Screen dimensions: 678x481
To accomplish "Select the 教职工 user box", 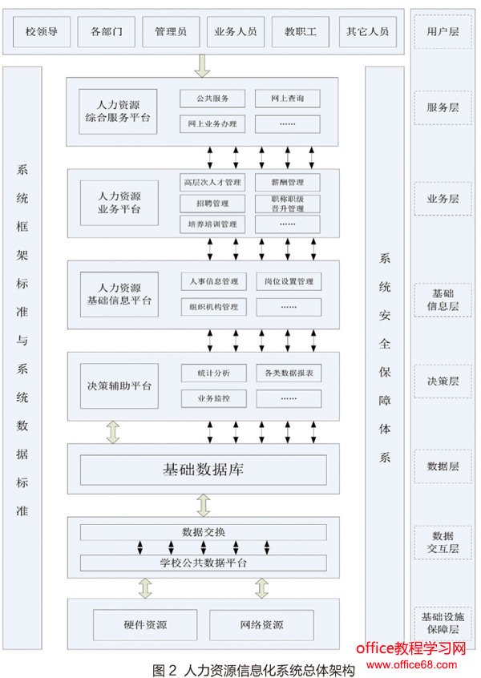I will [x=301, y=32].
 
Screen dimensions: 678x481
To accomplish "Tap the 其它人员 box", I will [x=367, y=32].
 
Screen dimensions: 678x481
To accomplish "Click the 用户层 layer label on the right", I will [x=443, y=31].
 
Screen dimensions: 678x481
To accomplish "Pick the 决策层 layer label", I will [x=443, y=381].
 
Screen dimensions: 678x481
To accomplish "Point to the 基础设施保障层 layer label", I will [x=443, y=623].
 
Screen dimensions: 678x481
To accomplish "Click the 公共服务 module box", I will [x=212, y=99].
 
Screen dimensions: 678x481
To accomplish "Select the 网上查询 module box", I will [x=287, y=99].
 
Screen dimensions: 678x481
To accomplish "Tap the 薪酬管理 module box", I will [x=287, y=183].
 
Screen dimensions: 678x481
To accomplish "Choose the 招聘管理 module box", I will [x=212, y=203].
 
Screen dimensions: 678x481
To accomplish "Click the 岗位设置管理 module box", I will [x=289, y=282].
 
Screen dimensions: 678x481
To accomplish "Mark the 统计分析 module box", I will [x=212, y=373].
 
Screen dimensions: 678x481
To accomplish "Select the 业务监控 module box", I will [x=212, y=398].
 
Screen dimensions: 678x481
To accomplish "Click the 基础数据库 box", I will [x=203, y=470].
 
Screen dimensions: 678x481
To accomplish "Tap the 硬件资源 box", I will [x=145, y=625].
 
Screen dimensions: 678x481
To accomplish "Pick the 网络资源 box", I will [x=261, y=625].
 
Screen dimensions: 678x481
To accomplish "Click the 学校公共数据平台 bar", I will [x=203, y=563].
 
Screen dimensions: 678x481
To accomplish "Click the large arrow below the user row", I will [x=202, y=66].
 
